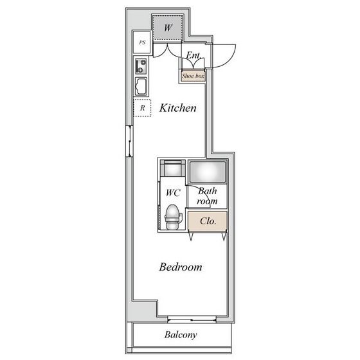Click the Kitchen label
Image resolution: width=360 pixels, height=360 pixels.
178,108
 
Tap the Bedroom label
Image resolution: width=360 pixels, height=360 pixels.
181,267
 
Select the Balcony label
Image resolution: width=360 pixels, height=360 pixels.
181,334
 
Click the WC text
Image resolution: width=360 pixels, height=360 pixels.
173,193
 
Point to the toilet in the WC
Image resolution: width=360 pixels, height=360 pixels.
174,217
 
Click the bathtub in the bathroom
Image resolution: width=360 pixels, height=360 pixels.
208,172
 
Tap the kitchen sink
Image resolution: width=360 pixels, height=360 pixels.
141,86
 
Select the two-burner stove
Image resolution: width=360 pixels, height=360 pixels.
141,66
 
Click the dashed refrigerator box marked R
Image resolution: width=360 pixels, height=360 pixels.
142,108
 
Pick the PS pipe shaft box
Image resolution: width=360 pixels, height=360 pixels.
142,42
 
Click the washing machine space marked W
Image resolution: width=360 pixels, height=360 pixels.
168,28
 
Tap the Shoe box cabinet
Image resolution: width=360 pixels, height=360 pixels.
193,76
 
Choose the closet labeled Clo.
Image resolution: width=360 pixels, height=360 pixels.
208,221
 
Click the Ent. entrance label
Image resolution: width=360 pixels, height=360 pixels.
194,55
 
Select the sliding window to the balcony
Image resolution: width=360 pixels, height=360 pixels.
192,319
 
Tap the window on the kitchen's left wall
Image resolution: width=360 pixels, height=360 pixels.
129,141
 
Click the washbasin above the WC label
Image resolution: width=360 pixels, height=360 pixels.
173,168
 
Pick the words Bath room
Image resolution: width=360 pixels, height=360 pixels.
207,196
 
